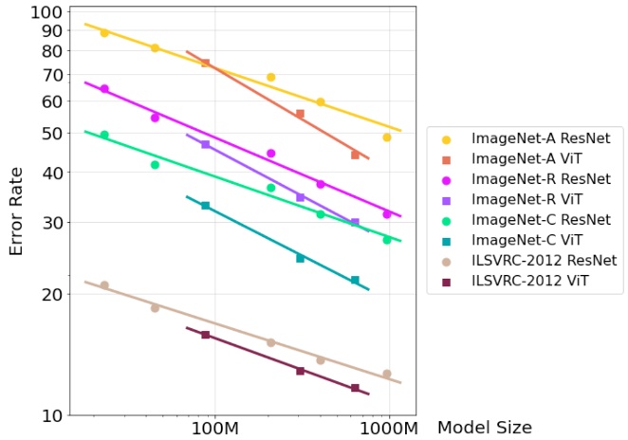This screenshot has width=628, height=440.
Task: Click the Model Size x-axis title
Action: click(484, 428)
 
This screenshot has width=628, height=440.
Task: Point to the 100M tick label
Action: click(215, 428)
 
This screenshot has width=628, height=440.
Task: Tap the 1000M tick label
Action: click(389, 428)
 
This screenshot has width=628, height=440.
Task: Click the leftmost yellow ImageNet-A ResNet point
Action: click(104, 33)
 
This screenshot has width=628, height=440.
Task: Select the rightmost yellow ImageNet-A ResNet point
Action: click(387, 137)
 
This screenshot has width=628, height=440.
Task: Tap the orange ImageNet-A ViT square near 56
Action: click(300, 114)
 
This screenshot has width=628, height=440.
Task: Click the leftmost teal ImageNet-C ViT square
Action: click(205, 206)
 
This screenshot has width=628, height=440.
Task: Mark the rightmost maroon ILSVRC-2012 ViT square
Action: click(355, 388)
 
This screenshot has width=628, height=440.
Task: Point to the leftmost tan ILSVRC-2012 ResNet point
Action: click(104, 285)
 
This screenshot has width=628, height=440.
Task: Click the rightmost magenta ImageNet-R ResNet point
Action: click(387, 214)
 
